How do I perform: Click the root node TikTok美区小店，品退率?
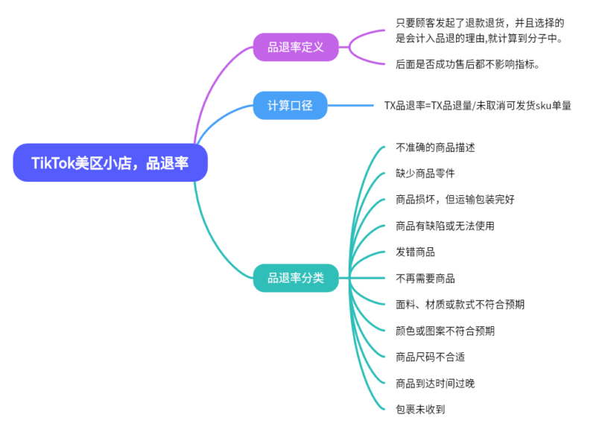click(110, 162)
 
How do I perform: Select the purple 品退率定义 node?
click(296, 48)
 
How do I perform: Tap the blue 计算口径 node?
click(296, 105)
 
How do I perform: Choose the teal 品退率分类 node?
click(296, 279)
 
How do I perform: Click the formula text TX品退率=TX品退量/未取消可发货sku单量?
click(478, 106)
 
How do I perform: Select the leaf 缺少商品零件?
click(425, 174)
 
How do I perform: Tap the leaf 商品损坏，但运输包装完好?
click(455, 200)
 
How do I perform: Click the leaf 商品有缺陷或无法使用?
click(445, 226)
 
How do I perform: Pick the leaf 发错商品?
click(415, 252)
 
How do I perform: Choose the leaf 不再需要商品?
click(425, 279)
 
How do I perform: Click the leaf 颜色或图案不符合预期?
click(445, 331)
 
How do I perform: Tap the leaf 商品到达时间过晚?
click(435, 383)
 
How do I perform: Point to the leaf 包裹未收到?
click(420, 409)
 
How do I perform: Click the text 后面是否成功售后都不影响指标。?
click(467, 64)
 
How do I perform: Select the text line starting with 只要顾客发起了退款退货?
click(480, 23)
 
